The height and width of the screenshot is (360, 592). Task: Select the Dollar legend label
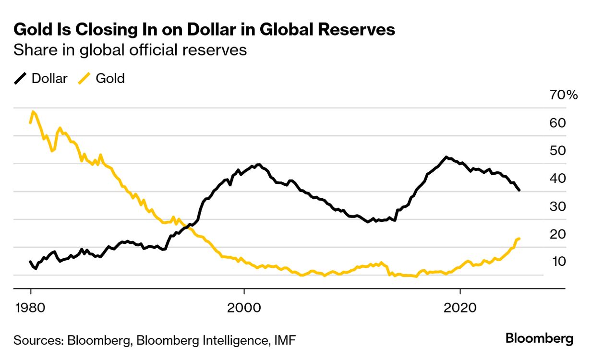49,78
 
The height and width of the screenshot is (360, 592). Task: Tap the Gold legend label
110,78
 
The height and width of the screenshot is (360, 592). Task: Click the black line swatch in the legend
21,78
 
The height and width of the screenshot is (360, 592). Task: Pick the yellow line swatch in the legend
85,78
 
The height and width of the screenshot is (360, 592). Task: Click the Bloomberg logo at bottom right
539,338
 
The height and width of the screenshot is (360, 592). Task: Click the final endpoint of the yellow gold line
520,239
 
